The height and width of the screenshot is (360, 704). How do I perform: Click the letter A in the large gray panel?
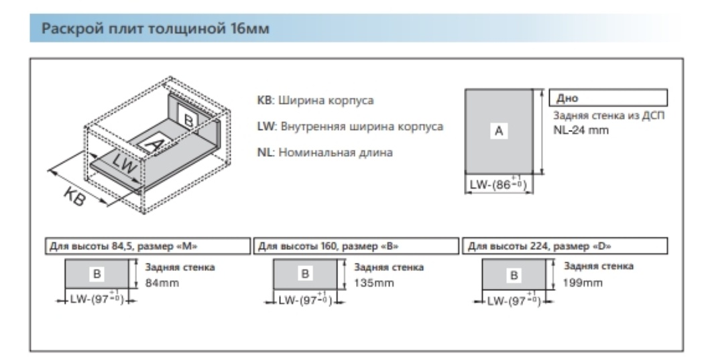(x=498, y=133)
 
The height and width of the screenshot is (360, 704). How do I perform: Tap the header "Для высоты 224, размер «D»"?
(x=528, y=247)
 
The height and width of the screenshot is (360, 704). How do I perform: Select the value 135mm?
(x=371, y=282)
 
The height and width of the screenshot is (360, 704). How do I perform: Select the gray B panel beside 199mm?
(x=515, y=274)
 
